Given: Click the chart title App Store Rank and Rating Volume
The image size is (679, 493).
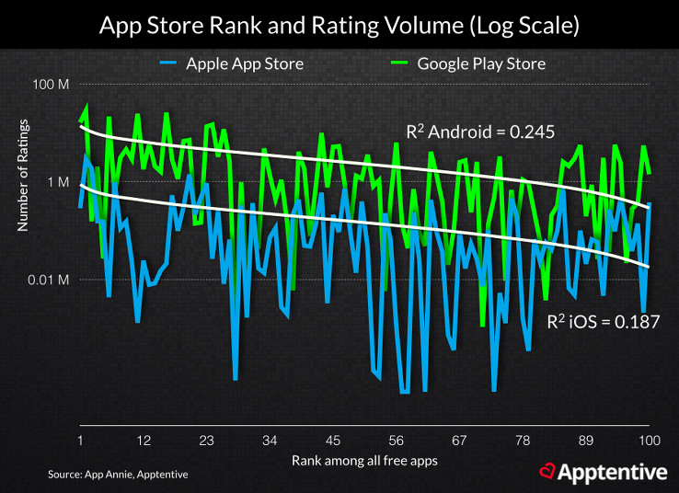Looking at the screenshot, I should (x=339, y=26).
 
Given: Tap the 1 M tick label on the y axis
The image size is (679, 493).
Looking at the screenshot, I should (x=58, y=182).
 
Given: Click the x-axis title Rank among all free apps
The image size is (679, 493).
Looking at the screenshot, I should (x=364, y=458).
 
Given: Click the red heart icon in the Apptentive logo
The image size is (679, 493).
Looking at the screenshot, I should (x=547, y=473).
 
